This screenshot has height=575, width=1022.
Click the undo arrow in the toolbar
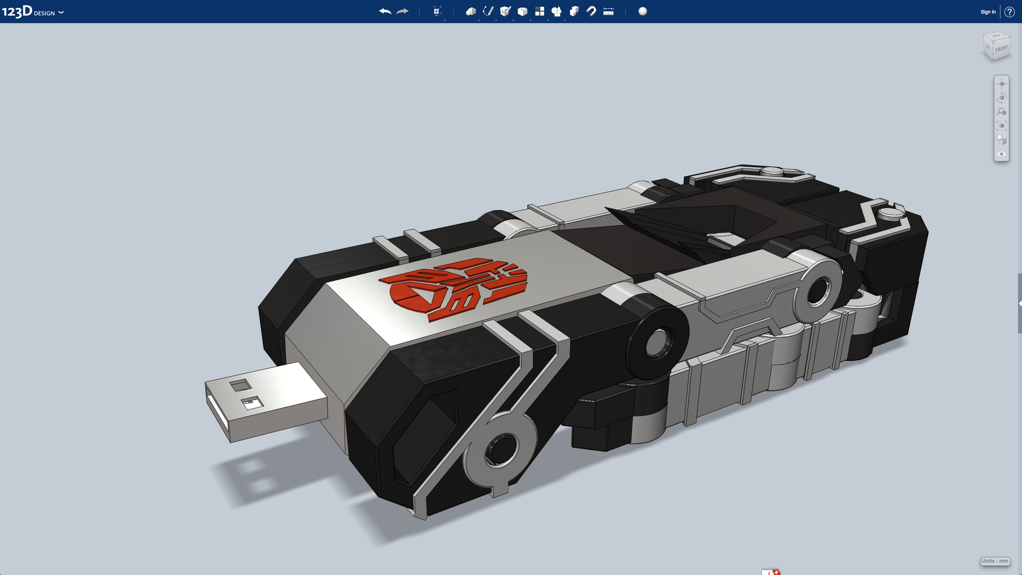pos(385,11)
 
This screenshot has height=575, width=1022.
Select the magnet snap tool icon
pos(591,11)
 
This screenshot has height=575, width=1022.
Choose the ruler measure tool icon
pos(608,11)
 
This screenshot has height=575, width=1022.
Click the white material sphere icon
pos(643,11)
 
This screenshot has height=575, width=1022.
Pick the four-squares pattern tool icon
pos(540,11)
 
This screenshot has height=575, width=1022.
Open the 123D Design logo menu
pos(32,11)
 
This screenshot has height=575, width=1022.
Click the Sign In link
pos(988,12)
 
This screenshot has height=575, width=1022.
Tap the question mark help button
pos(1009,12)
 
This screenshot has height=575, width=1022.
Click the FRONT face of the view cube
pos(1001,49)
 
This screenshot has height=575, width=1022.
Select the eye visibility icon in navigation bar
pos(1001,154)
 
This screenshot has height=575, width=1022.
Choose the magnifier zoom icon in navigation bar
pos(1001,112)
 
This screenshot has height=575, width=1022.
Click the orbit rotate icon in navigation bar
pos(1001,98)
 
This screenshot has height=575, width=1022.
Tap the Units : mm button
pos(995,561)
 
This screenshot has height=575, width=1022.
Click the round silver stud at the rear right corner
pos(891,213)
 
